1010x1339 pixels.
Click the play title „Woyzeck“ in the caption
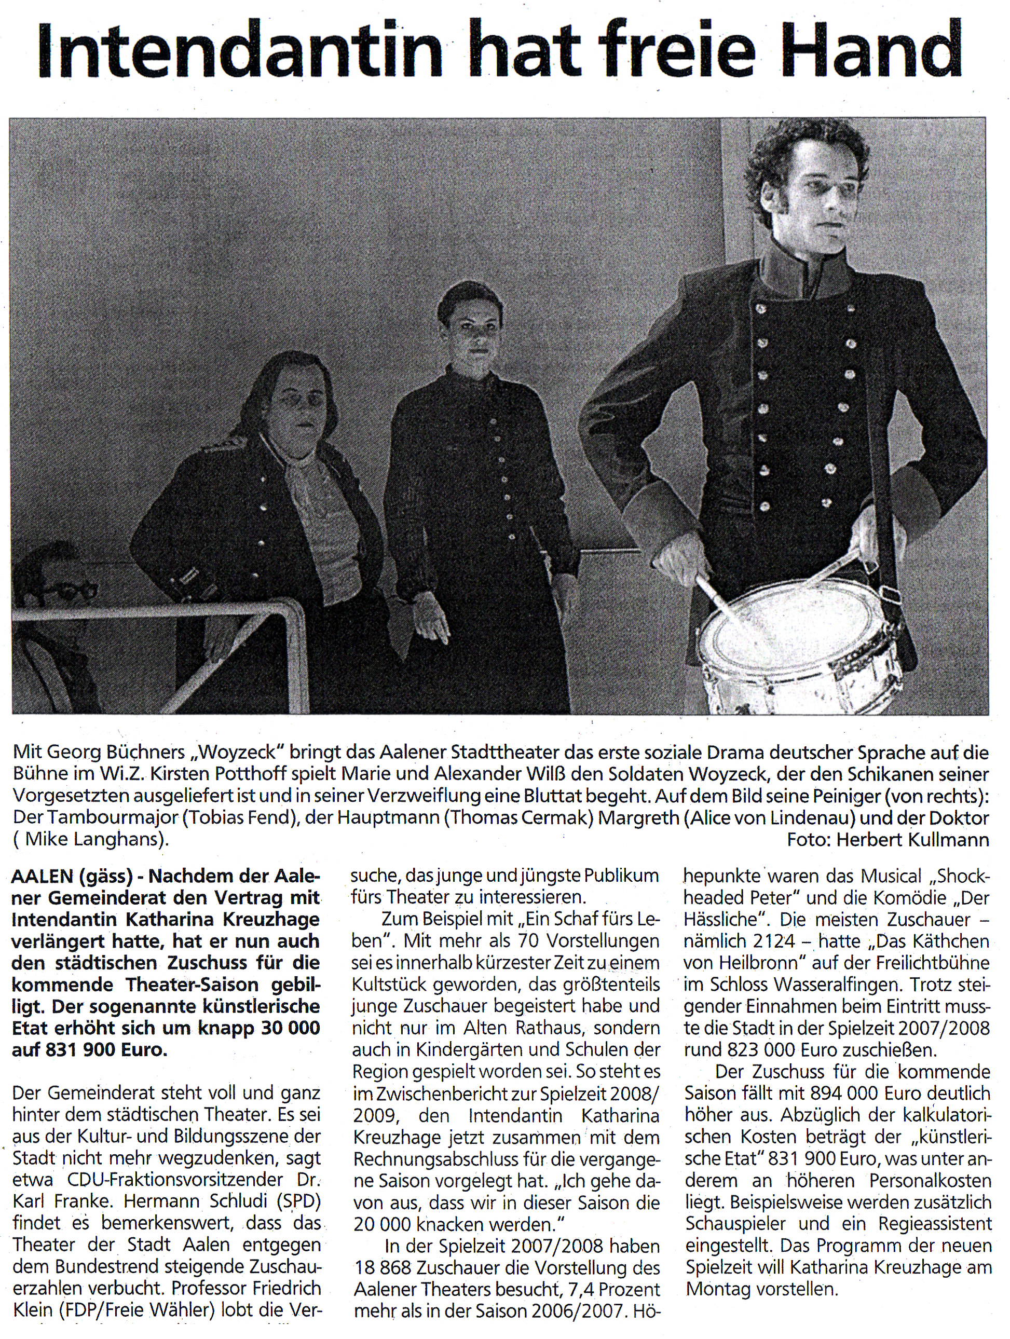tap(239, 753)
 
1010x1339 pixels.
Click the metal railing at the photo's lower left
tap(152, 618)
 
